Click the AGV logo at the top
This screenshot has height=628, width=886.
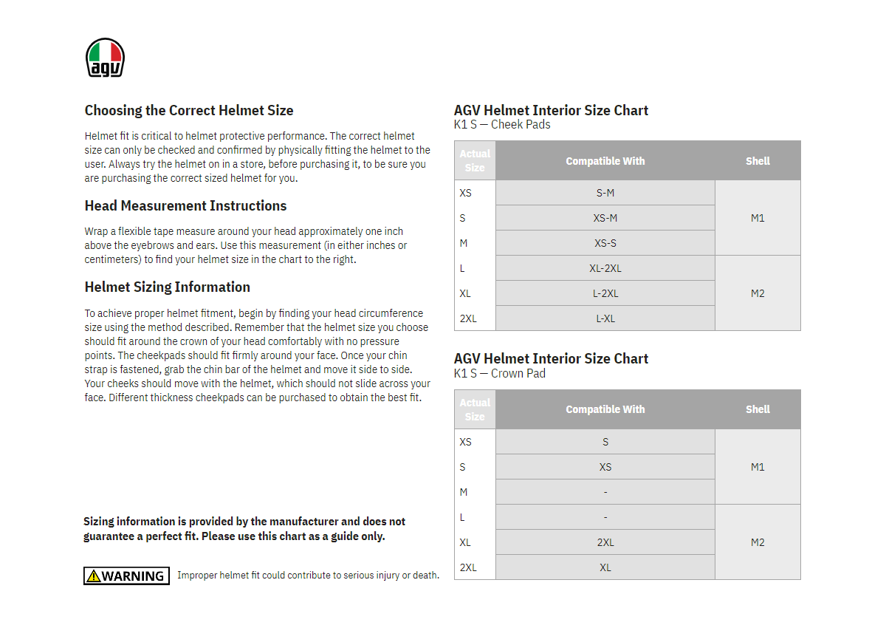(x=105, y=58)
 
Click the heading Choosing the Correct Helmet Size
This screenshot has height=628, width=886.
(x=189, y=111)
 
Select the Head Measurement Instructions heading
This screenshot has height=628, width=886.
(x=185, y=206)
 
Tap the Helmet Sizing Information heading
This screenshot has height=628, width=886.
(x=168, y=287)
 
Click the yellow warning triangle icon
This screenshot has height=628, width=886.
(x=93, y=576)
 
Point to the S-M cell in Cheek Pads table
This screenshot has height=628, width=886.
(x=605, y=193)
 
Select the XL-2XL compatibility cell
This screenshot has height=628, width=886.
(x=605, y=268)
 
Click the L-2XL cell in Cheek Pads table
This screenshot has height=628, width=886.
(x=605, y=293)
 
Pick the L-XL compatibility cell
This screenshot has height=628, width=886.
(x=605, y=318)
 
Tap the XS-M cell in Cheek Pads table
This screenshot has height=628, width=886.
(x=605, y=218)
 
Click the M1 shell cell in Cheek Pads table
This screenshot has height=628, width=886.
(x=758, y=218)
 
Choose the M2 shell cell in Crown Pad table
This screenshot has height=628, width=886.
(x=758, y=542)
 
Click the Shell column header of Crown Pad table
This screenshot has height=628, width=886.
(x=758, y=409)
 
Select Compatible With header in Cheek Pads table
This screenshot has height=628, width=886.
(x=605, y=161)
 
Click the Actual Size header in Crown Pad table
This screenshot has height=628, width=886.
(x=475, y=409)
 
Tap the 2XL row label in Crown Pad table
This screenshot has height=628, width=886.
(x=468, y=567)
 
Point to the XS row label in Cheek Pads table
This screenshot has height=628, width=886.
(x=465, y=193)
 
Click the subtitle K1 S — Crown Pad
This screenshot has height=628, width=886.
(x=500, y=374)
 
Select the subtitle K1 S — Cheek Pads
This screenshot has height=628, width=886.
(x=502, y=125)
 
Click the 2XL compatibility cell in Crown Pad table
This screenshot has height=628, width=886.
(x=605, y=542)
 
